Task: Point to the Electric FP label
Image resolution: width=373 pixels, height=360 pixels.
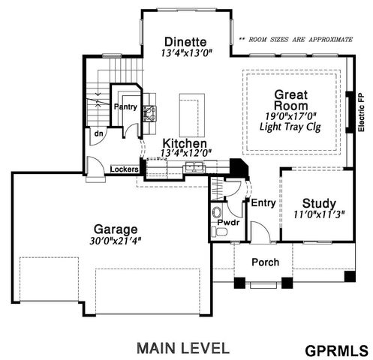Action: [362, 112]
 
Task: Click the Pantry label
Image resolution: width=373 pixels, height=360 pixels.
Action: [124, 107]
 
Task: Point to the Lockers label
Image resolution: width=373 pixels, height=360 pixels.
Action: [125, 169]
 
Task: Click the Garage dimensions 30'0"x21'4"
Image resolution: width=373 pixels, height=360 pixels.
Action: [116, 241]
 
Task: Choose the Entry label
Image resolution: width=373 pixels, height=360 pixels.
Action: [263, 202]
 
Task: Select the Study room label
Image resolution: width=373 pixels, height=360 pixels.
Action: [318, 203]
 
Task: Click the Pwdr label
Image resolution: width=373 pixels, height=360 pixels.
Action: [228, 223]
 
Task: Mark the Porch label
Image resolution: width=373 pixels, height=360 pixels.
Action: [265, 262]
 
